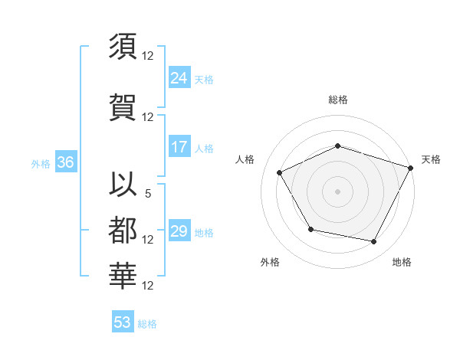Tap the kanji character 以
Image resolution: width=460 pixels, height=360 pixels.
pyautogui.click(x=123, y=185)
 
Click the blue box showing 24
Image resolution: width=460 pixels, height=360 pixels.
pyautogui.click(x=179, y=77)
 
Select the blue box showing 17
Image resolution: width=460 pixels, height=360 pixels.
pyautogui.click(x=179, y=147)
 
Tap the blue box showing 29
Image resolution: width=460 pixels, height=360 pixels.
pyautogui.click(x=179, y=231)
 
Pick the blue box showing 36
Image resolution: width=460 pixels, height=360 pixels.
pyautogui.click(x=65, y=162)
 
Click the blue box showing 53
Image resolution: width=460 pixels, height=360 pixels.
pyautogui.click(x=122, y=322)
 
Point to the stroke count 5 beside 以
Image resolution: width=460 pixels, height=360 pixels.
pyautogui.click(x=148, y=195)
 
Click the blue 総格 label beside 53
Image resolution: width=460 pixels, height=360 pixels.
pyautogui.click(x=147, y=324)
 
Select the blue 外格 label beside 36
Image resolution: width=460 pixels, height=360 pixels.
pyautogui.click(x=41, y=164)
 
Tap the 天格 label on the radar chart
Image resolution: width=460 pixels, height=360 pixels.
pyautogui.click(x=431, y=159)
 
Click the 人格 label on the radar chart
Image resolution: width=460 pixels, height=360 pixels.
pyautogui.click(x=245, y=159)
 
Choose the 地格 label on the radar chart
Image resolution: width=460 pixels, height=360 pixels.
pyautogui.click(x=402, y=262)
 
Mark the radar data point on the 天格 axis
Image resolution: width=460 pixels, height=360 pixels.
pyautogui.click(x=411, y=167)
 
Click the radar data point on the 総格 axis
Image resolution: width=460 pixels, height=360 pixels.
pyautogui.click(x=337, y=146)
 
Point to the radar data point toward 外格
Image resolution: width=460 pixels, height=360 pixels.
pyautogui.click(x=310, y=229)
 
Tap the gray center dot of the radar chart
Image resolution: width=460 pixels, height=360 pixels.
pyautogui.click(x=337, y=191)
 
